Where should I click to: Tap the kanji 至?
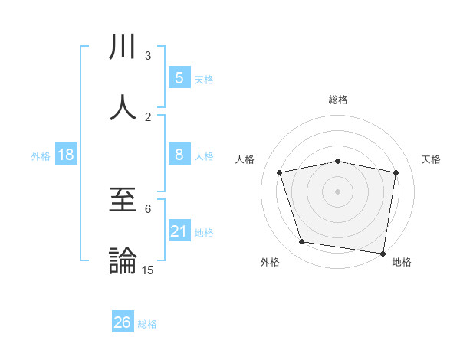[x=123, y=201]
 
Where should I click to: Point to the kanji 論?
[x=123, y=260]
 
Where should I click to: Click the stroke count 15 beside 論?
[x=147, y=270]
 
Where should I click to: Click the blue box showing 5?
[x=179, y=77]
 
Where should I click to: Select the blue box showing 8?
[x=179, y=155]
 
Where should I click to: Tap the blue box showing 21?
[x=179, y=231]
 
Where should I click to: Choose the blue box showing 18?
[x=66, y=155]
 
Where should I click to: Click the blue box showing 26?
[x=122, y=322]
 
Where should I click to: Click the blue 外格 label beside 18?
[x=41, y=156]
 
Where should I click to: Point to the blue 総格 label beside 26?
[x=147, y=324]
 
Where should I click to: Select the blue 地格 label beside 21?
[x=204, y=233]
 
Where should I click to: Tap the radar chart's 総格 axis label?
[x=337, y=100]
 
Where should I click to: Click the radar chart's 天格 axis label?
[x=431, y=159]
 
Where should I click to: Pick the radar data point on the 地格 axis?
[x=383, y=253]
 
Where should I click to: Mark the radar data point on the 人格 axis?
[x=280, y=172]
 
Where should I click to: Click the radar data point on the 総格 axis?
[x=337, y=161]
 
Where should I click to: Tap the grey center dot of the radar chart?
[x=337, y=191]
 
